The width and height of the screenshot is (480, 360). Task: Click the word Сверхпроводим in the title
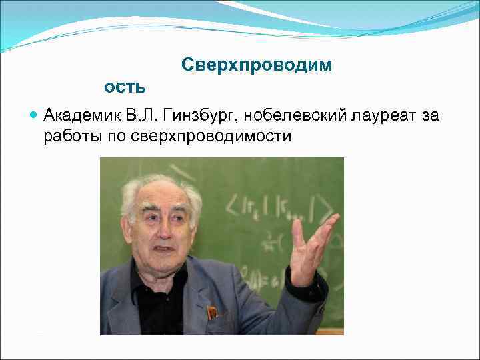point(256,65)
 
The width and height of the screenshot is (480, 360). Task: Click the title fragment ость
point(125,87)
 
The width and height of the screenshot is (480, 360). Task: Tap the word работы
point(69,136)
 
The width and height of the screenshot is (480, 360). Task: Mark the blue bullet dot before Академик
point(34,115)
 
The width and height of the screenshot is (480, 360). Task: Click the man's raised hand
point(312,243)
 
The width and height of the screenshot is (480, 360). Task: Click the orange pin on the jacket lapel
point(211,312)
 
